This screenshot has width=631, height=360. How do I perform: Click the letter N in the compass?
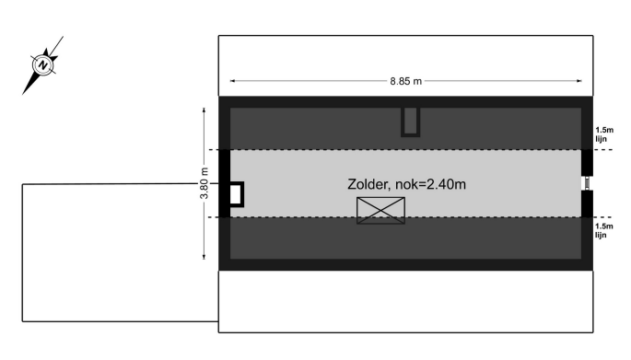(x=42, y=64)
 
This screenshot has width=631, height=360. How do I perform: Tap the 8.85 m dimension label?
(x=405, y=81)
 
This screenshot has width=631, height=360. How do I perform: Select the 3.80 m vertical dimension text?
(x=204, y=183)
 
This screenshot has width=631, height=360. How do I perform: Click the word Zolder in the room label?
(x=368, y=184)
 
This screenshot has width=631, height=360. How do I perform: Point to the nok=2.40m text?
(x=430, y=184)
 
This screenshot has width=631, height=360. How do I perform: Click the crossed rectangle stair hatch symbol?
(x=380, y=210)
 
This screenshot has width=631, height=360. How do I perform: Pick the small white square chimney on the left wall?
(x=236, y=194)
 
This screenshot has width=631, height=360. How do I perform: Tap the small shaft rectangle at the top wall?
(x=411, y=122)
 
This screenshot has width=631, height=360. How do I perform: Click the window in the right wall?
(x=587, y=183)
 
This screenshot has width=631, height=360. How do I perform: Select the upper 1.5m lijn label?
(x=604, y=134)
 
